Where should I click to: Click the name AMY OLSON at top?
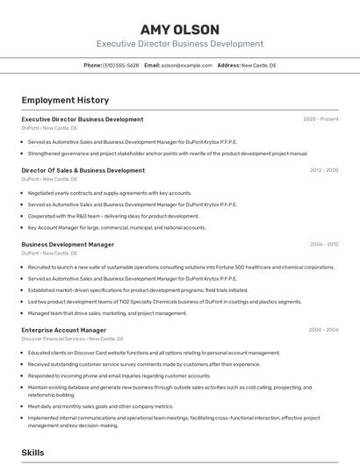click(179, 29)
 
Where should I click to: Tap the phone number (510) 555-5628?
click(121, 65)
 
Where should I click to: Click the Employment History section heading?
click(65, 100)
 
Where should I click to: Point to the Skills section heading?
click(33, 453)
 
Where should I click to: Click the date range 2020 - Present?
click(320, 119)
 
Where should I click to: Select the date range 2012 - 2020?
click(324, 170)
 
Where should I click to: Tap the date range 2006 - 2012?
click(324, 245)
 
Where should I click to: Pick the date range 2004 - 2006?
click(323, 330)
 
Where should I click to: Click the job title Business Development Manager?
click(68, 245)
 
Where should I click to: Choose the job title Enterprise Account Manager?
click(63, 330)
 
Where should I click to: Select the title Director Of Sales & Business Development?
click(83, 170)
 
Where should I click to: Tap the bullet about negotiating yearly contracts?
click(110, 193)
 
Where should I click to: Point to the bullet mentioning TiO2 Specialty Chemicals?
click(153, 301)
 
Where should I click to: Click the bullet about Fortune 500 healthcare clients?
click(181, 267)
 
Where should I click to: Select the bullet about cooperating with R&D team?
click(113, 216)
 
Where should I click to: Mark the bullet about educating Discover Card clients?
click(154, 353)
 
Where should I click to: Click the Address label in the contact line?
click(228, 65)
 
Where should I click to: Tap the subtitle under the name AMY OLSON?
click(179, 44)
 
